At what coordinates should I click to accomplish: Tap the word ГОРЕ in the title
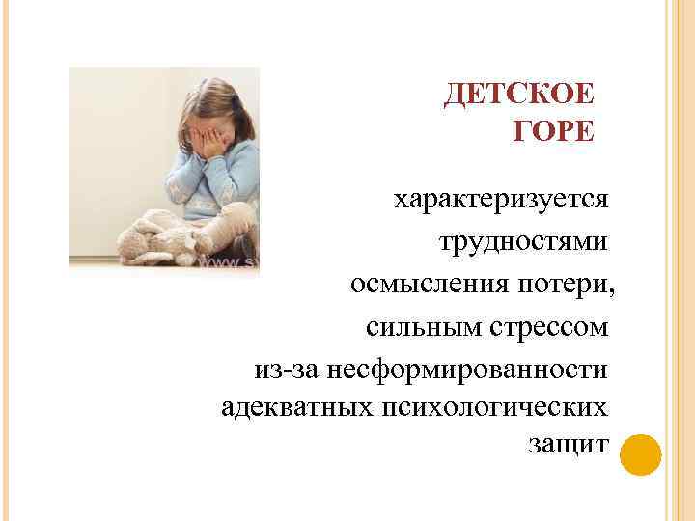(555, 132)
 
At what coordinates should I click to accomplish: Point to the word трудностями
(524, 241)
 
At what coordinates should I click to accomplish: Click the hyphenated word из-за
(286, 369)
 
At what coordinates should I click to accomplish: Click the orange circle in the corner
(639, 454)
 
